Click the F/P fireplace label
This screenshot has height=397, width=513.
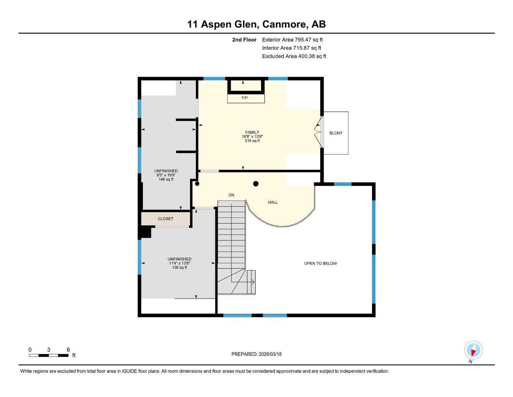244,98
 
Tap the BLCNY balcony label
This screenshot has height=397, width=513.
336,133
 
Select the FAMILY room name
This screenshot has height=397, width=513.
252,132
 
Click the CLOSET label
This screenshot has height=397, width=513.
166,219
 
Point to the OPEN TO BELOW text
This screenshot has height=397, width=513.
320,263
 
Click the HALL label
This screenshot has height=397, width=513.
273,202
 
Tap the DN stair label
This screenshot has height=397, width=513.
231,195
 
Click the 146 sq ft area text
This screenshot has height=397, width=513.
166,180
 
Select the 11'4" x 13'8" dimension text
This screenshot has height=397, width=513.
179,263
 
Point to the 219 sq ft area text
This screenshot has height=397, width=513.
252,141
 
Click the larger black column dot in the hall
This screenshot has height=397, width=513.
256,184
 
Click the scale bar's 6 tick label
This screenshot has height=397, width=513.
68,350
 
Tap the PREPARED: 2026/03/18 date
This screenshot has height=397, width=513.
256,354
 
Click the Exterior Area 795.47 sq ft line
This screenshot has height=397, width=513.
292,40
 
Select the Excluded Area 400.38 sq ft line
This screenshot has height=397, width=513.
294,56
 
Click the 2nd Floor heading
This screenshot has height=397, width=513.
244,40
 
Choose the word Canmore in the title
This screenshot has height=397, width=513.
284,24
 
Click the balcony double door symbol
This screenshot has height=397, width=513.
319,133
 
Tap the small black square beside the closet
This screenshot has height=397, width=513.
145,233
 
